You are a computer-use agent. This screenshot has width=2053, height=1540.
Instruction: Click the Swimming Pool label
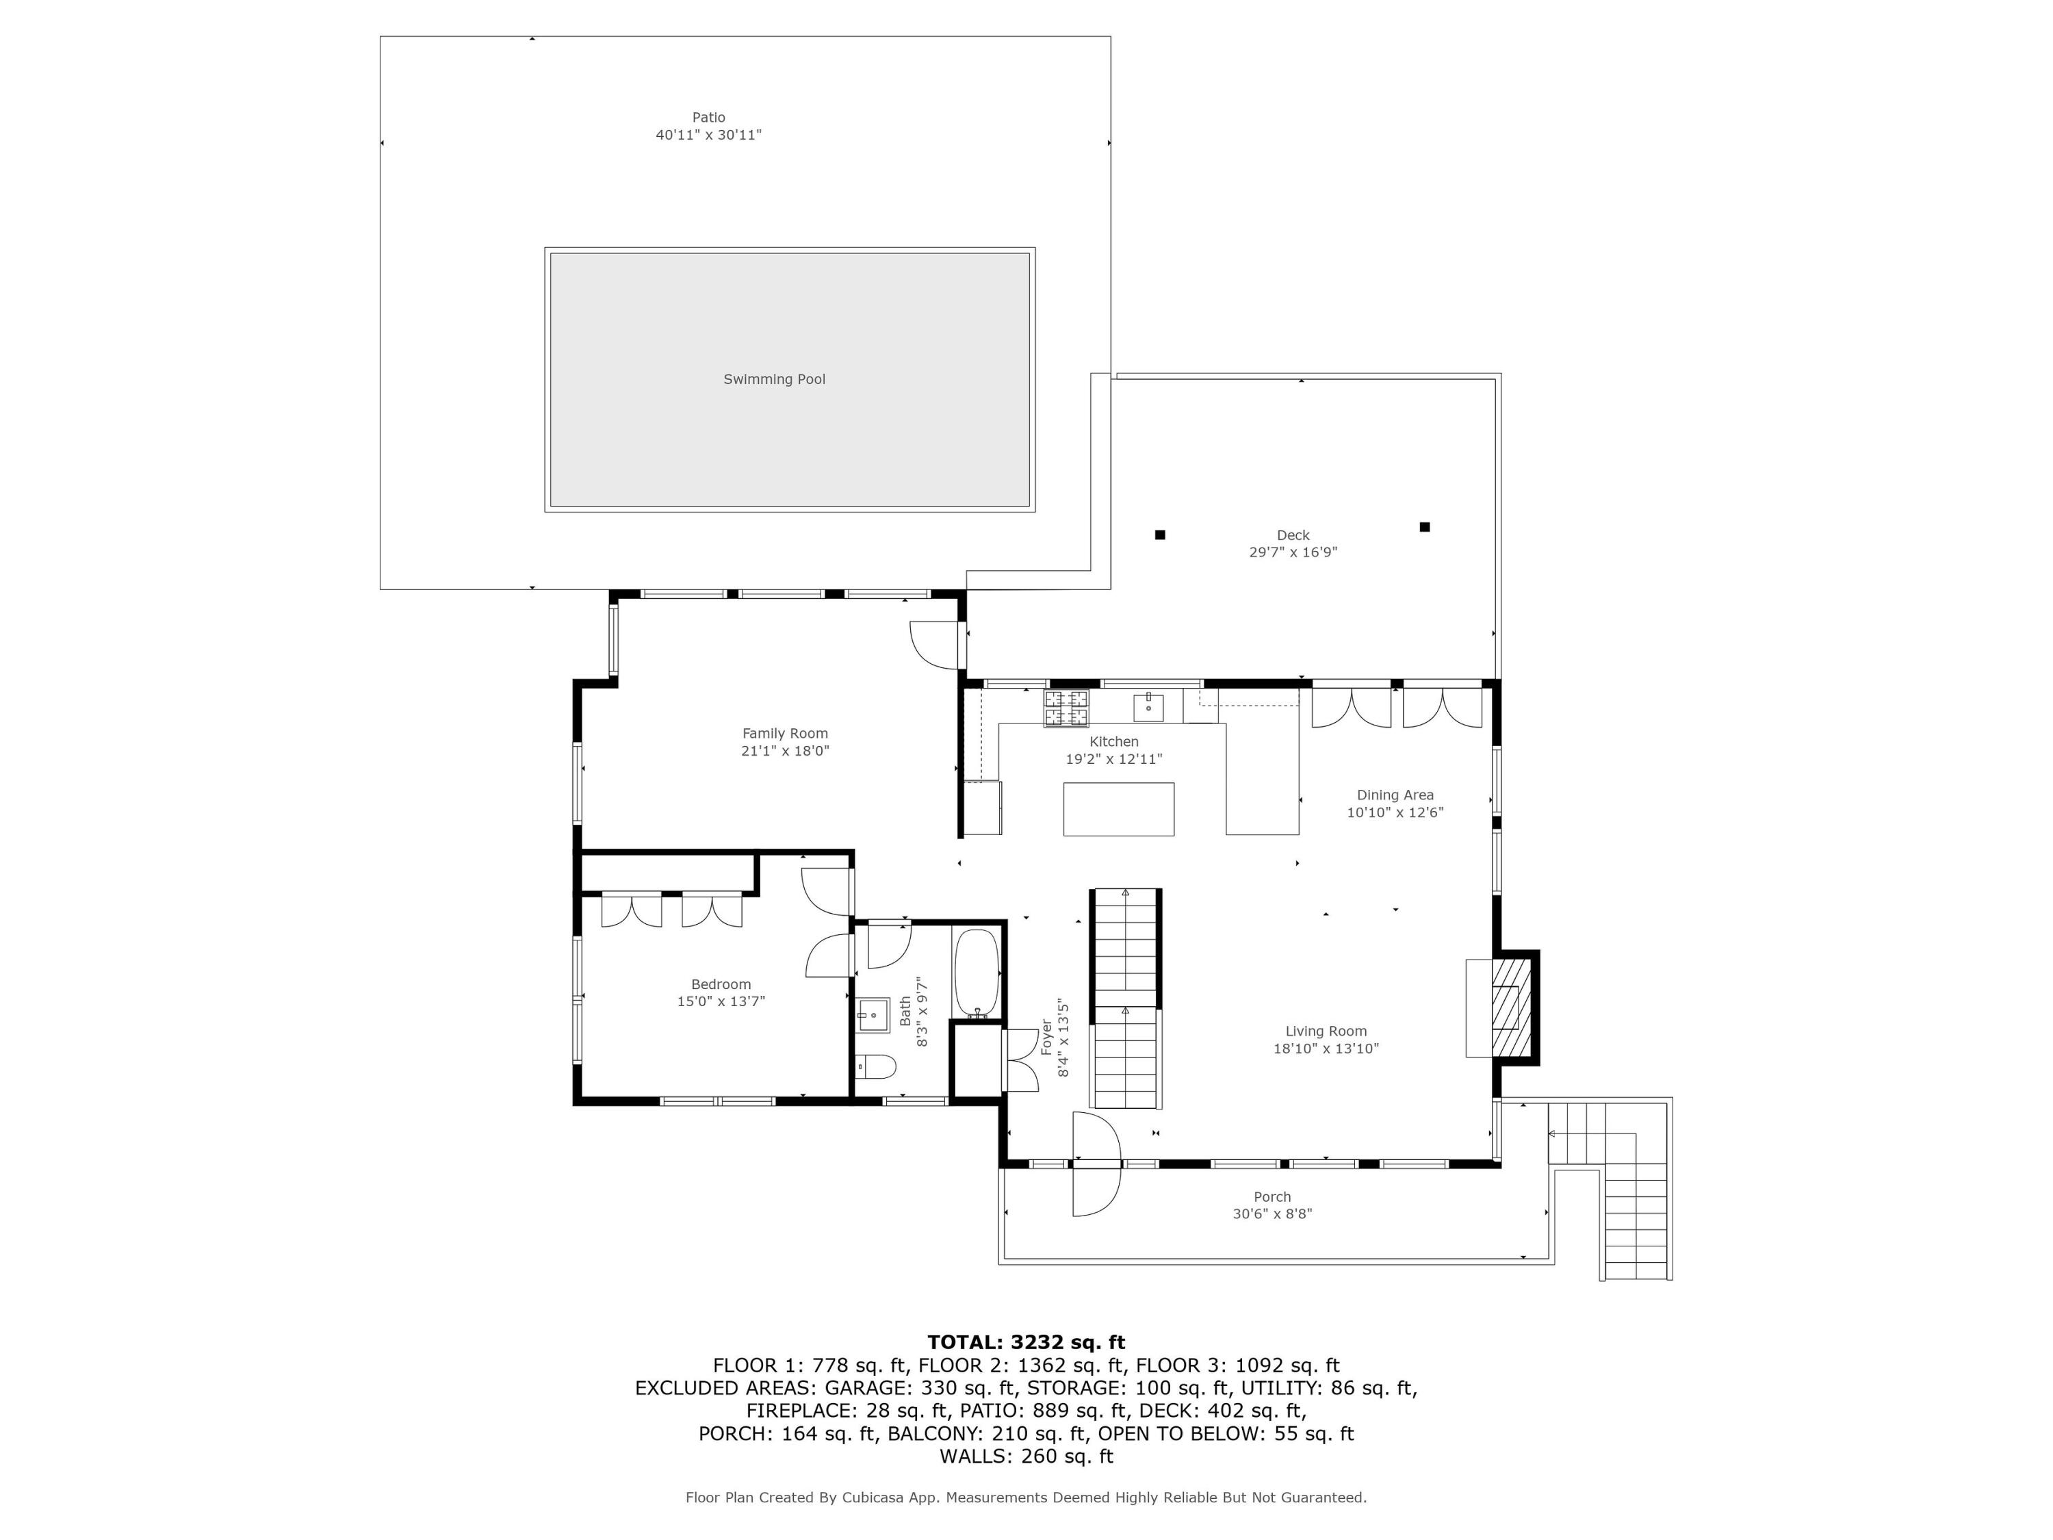774,378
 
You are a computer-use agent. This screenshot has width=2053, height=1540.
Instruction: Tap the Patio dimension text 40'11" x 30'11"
708,135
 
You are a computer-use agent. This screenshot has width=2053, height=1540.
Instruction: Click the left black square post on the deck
1159,535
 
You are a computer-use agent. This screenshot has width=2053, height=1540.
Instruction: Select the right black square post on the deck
1425,527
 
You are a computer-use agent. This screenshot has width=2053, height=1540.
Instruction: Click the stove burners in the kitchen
1066,708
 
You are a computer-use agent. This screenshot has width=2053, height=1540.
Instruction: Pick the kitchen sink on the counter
1148,706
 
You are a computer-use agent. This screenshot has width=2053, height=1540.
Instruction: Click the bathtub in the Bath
977,973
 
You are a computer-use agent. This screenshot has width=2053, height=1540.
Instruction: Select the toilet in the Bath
875,1066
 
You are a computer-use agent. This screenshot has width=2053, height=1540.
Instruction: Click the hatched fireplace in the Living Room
1510,1008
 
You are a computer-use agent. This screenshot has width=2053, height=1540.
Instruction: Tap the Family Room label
784,733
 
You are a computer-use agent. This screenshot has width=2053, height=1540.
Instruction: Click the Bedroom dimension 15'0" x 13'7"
721,1001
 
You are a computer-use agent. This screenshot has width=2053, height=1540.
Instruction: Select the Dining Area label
1395,795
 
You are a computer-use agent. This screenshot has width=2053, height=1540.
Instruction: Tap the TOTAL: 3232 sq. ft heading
1026,1342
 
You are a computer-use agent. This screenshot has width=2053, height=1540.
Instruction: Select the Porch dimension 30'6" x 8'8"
1271,1214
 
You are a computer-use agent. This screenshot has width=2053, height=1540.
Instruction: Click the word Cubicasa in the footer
875,1498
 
